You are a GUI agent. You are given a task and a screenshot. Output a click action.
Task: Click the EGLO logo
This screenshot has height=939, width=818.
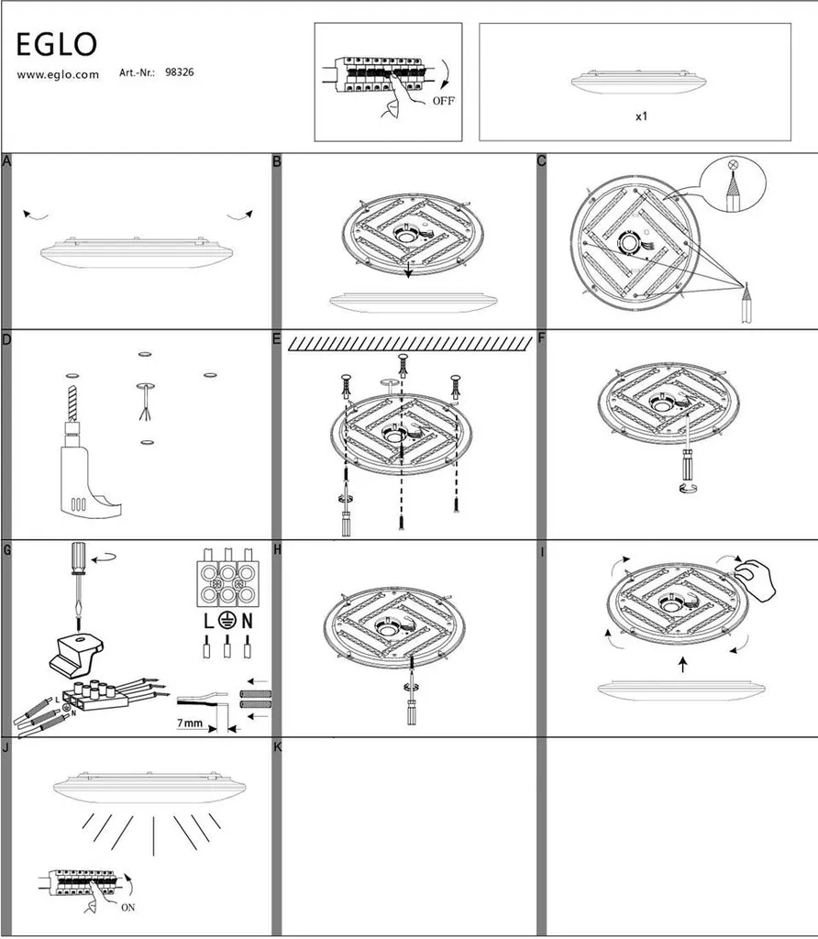[56, 44]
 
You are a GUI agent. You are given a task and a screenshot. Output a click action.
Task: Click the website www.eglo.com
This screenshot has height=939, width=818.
[58, 75]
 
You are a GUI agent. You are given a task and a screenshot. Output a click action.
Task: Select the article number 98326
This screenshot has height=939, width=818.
[180, 72]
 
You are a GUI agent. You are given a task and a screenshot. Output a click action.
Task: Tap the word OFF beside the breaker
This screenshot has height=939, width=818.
[443, 101]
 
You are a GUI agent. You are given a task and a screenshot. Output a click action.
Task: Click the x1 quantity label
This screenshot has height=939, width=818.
[641, 116]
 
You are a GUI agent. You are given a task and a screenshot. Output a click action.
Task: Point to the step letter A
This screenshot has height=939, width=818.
[6, 161]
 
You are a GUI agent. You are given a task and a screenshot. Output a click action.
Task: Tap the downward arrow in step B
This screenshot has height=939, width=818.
[408, 270]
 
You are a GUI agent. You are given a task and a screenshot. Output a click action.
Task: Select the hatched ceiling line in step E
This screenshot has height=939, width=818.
[410, 344]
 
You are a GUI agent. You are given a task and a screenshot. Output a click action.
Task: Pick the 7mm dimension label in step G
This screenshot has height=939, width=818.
[190, 723]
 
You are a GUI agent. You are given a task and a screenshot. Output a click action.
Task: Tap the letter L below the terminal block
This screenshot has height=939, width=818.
[208, 621]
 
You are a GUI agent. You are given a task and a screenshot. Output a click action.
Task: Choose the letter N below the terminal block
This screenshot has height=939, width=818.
[247, 621]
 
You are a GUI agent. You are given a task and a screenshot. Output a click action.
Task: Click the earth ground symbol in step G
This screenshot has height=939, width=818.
[227, 621]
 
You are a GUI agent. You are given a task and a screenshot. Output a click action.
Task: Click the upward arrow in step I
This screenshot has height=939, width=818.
[682, 665]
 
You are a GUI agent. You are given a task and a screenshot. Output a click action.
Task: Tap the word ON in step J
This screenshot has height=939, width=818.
[128, 907]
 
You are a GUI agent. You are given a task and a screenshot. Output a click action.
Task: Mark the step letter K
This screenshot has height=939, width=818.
[277, 746]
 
